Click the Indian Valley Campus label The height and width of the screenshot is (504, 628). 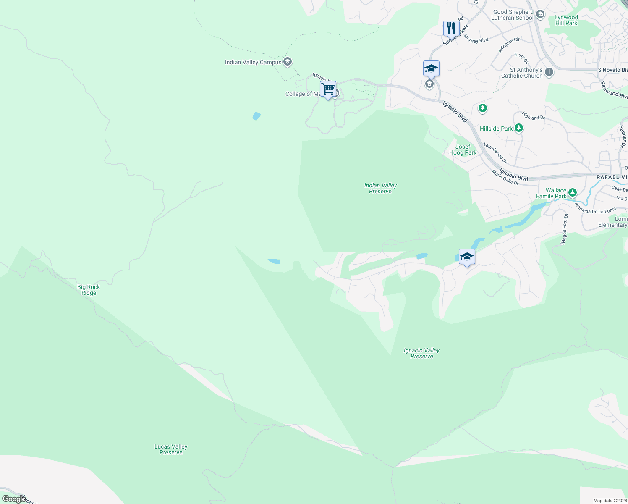[253, 63]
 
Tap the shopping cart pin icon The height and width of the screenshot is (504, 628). [328, 89]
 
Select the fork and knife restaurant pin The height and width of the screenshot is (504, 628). [451, 29]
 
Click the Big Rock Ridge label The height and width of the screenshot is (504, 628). [89, 290]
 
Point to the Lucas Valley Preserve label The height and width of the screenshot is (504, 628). [171, 449]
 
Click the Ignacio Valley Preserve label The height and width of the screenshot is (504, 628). [421, 353]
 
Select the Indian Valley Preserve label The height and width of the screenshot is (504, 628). [380, 188]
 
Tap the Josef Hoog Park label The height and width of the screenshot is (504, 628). [463, 150]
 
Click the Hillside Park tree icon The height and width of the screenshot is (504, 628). [519, 128]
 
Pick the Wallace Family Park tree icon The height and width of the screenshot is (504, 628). [572, 193]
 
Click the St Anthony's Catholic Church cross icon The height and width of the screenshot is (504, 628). [549, 73]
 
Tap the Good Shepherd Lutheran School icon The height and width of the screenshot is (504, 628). [540, 15]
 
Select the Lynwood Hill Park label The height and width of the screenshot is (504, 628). [566, 20]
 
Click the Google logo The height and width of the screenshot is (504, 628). [14, 499]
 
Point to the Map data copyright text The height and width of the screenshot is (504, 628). [610, 501]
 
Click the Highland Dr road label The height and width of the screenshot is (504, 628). [533, 116]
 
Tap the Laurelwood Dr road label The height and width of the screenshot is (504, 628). [495, 153]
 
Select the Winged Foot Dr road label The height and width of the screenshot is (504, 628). [564, 229]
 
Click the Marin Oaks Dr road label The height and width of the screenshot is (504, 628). [505, 177]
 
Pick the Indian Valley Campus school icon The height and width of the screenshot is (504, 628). [288, 62]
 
